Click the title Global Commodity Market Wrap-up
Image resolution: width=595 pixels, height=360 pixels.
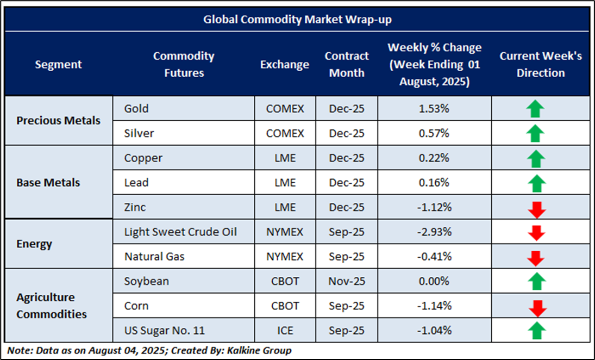pos(297,20)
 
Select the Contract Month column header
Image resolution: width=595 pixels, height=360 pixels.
pos(346,64)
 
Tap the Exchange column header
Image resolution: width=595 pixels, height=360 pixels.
pos(284,64)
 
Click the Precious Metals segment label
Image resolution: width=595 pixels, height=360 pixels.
pos(58,120)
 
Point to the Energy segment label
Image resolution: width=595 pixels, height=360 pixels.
pos(34,244)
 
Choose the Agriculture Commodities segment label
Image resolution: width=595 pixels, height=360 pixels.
pos(51,306)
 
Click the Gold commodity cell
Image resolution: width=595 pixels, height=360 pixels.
pos(136,108)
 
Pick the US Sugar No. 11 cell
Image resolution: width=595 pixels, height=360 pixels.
pos(165,330)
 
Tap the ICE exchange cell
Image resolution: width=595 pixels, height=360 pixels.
pos(285,330)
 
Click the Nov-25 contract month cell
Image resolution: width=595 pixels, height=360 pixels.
pos(346,281)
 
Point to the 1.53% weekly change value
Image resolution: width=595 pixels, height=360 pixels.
pos(434,108)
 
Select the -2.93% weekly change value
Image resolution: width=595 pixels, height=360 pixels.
pos(434,232)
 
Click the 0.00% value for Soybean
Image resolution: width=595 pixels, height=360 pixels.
pos(434,281)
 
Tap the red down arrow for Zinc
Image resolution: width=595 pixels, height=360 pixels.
pos(536,209)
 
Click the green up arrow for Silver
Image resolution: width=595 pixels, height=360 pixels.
pos(536,133)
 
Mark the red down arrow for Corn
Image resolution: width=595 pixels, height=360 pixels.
pos(536,307)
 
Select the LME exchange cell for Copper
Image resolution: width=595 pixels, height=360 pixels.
pos(285,158)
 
